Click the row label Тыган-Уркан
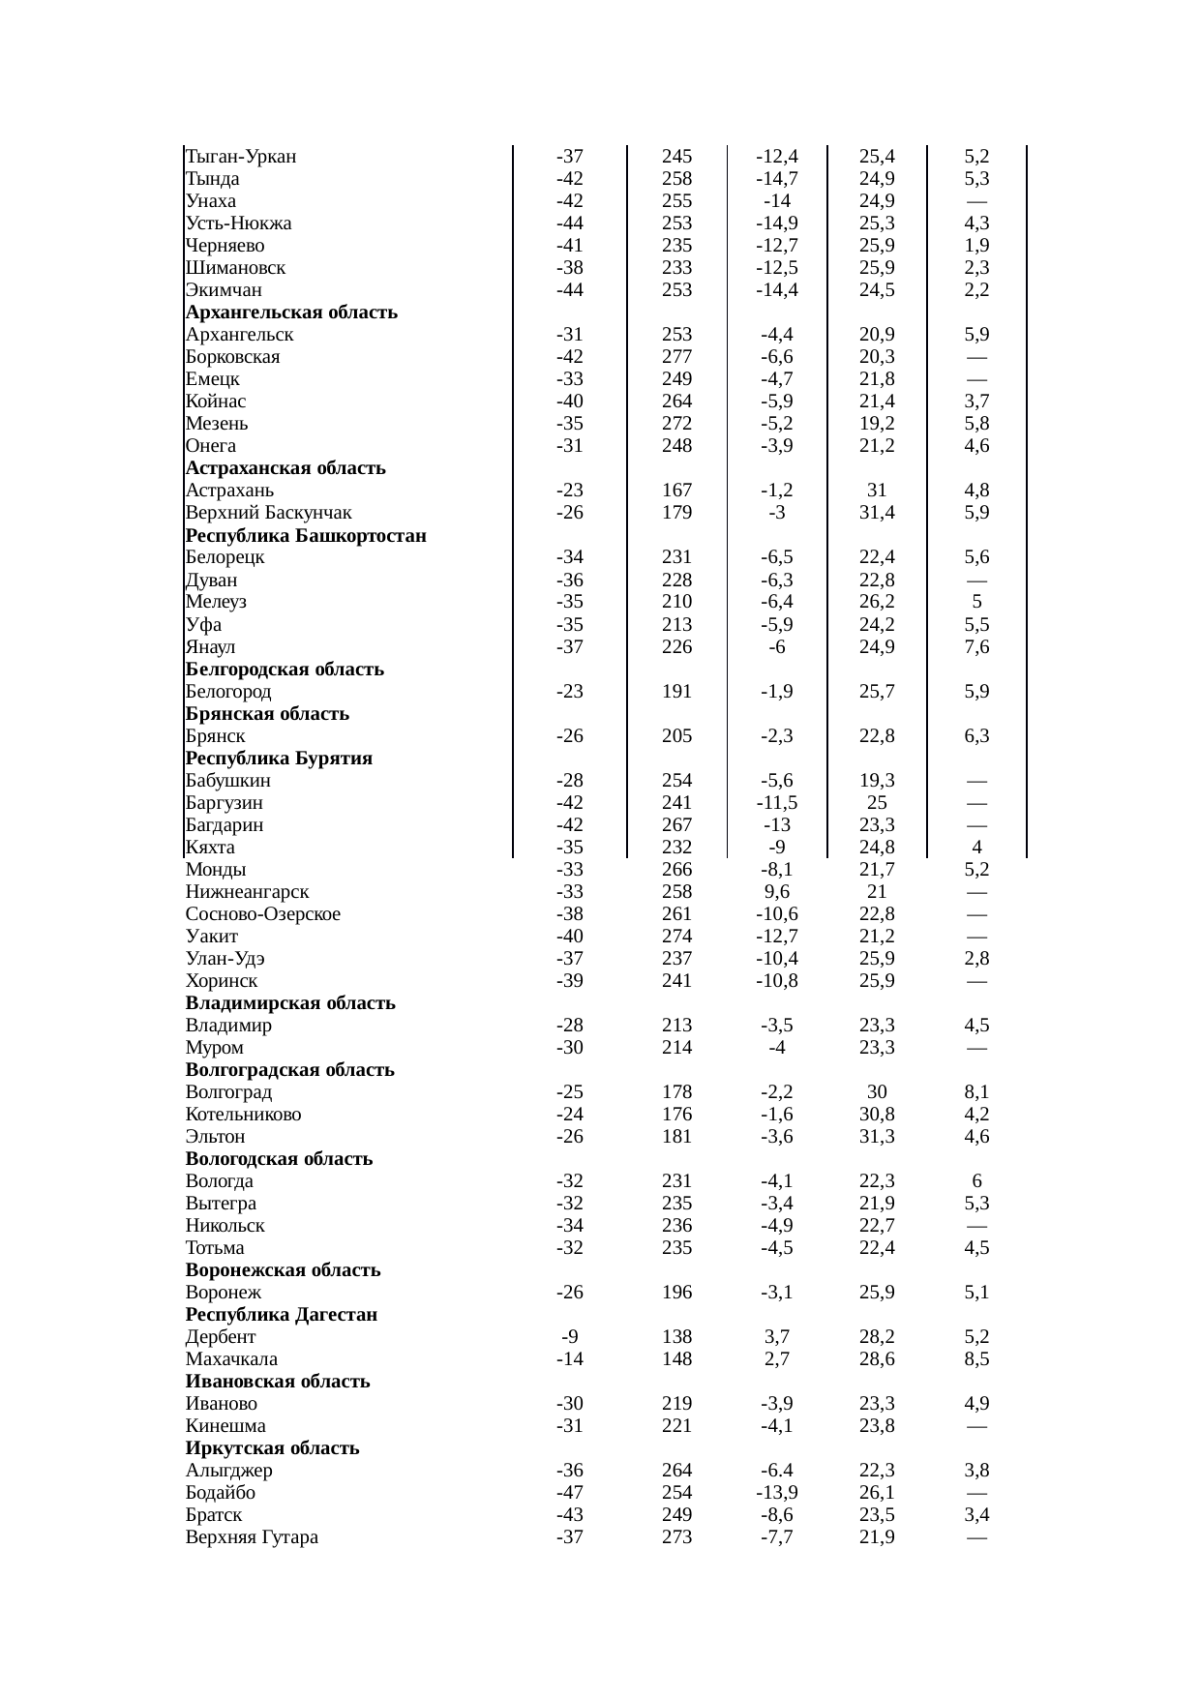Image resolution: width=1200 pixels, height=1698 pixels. [x=241, y=157]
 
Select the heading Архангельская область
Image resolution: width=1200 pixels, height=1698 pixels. [x=291, y=313]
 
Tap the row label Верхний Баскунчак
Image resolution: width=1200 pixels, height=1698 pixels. [x=268, y=513]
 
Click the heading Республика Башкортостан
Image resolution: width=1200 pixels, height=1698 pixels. [x=306, y=535]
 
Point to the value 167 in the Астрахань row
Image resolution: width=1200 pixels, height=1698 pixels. [x=676, y=491]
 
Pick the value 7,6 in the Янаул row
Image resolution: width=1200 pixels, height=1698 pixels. [x=976, y=646]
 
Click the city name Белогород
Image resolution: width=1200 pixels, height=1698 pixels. [x=228, y=692]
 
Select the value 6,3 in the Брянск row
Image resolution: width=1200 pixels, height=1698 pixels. [x=976, y=736]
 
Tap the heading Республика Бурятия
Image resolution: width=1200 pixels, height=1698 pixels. [x=279, y=758]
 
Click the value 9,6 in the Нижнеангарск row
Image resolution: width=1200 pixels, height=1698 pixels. [x=777, y=892]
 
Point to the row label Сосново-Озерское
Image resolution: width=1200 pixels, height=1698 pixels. [x=263, y=914]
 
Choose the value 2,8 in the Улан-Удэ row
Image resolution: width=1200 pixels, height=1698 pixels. [x=976, y=959]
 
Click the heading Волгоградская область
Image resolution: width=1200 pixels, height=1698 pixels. [x=289, y=1070]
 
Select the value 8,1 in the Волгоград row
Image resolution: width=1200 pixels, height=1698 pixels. [x=976, y=1092]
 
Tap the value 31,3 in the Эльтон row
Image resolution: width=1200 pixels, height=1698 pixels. [x=877, y=1137]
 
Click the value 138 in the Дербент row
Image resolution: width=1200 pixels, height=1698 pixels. [x=676, y=1337]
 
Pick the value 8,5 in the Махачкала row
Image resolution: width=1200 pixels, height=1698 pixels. [x=976, y=1359]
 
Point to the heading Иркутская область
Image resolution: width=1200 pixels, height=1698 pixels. [x=272, y=1448]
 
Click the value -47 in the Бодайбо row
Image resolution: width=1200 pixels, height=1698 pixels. [x=570, y=1493]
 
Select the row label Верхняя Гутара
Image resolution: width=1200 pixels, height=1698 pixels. [x=252, y=1537]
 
